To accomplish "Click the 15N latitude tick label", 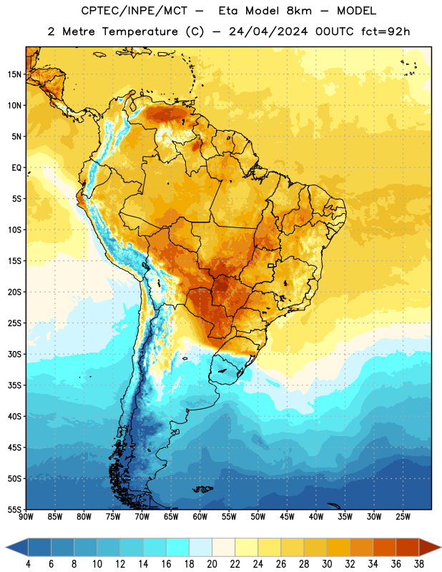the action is coord(14,74).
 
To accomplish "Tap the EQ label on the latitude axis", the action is coord(16,168).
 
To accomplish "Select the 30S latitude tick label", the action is coord(14,354).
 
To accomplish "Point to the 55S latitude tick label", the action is coord(14,510).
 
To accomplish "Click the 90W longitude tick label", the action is coord(26,517).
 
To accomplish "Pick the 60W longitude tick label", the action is coord(200,517).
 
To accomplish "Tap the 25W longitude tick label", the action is coord(403,517).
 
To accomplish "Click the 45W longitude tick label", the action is coord(287,517).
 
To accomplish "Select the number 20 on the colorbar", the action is coord(212,564).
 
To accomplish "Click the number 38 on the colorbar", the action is coord(419,564).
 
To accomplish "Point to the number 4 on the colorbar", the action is coord(28,564).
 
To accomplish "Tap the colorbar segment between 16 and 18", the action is coord(178,547).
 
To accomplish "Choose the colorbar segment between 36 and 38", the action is coord(408,547).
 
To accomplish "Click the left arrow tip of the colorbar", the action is coord(6,547).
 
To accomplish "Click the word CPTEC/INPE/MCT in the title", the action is coord(134,11).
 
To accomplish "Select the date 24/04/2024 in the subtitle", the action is coord(268,31).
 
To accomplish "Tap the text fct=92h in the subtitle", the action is coord(385,31).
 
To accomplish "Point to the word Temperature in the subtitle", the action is coord(139,31).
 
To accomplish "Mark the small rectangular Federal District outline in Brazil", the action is coord(271,266).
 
